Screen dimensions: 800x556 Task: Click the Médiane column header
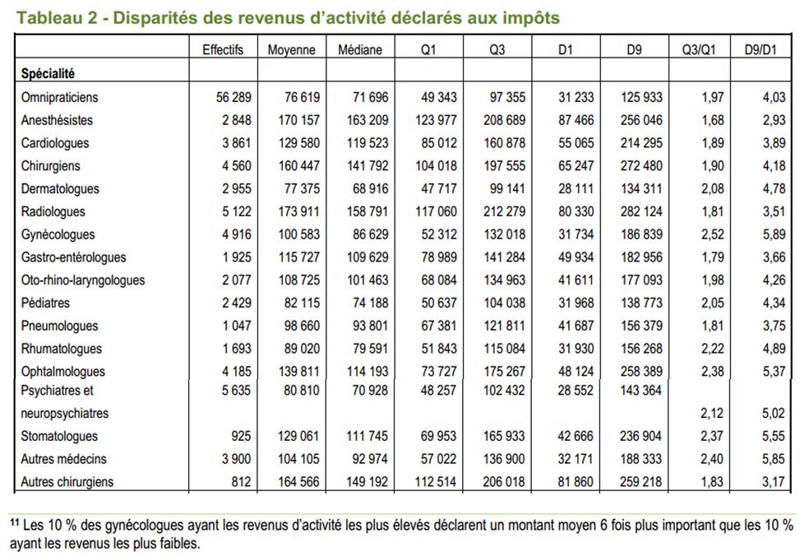pyautogui.click(x=359, y=49)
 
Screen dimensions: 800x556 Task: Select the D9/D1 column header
pyautogui.click(x=761, y=49)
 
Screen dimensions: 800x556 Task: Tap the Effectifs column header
pyautogui.click(x=223, y=49)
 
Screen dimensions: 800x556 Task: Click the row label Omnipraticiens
pyautogui.click(x=59, y=98)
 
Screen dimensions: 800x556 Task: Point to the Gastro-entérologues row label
pyautogui.click(x=73, y=257)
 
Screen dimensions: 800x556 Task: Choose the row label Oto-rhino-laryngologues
pyautogui.click(x=83, y=280)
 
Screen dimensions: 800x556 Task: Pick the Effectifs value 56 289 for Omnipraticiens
pyautogui.click(x=234, y=98)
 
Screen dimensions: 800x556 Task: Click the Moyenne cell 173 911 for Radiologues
pyautogui.click(x=299, y=211)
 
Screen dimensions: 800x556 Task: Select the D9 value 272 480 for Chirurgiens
pyautogui.click(x=641, y=166)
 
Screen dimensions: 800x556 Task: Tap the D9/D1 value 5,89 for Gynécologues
pyautogui.click(x=774, y=234)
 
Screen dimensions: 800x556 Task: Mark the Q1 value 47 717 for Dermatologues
pyautogui.click(x=439, y=189)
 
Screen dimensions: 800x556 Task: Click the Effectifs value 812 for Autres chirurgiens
pyautogui.click(x=241, y=482)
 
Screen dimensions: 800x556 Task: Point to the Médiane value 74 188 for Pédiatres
pyautogui.click(x=371, y=303)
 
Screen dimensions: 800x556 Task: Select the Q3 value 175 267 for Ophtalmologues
pyautogui.click(x=504, y=372)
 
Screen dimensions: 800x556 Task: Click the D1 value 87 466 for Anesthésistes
pyautogui.click(x=576, y=120)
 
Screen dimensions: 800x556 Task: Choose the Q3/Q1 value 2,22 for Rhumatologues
pyautogui.click(x=712, y=349)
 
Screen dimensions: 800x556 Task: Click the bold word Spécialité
pyautogui.click(x=48, y=73)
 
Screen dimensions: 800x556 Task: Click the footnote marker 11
pyautogui.click(x=14, y=522)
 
